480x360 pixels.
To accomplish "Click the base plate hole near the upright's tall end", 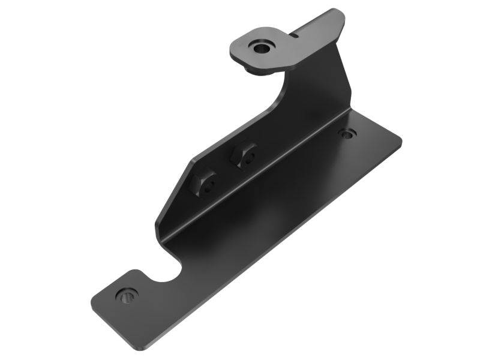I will tap(347, 133).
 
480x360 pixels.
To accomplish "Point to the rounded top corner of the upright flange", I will tap(340, 13).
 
